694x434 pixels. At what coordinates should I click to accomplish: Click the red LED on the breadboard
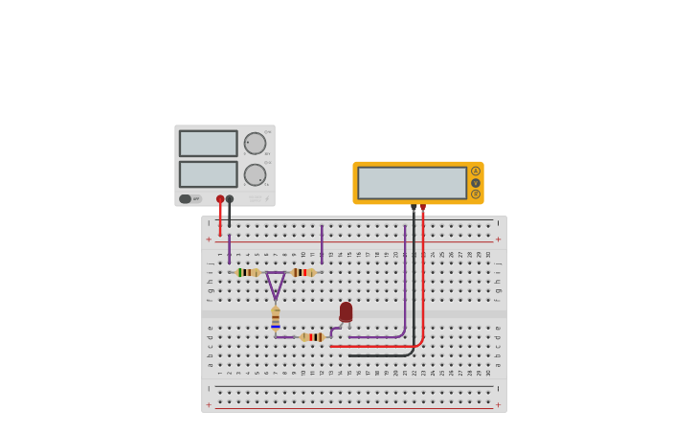click(x=346, y=312)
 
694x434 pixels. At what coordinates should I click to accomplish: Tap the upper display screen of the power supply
click(x=208, y=144)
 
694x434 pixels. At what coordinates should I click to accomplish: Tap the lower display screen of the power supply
click(x=208, y=174)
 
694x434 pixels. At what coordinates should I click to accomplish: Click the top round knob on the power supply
click(x=255, y=144)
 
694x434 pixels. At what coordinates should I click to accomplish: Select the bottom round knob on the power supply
click(x=255, y=174)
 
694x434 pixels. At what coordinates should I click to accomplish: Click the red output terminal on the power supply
click(x=220, y=199)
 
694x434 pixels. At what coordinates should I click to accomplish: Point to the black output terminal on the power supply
click(x=230, y=199)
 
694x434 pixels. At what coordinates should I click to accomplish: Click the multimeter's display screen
click(x=412, y=183)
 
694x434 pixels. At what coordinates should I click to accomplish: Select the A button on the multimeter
click(x=476, y=171)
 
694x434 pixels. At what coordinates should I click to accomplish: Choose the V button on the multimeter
click(x=476, y=183)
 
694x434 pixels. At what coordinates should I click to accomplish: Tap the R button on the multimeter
click(x=476, y=194)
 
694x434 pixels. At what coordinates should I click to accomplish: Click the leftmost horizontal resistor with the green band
click(x=247, y=272)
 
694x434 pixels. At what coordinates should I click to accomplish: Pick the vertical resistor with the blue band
click(x=276, y=318)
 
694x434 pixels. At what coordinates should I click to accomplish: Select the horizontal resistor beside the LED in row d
click(x=312, y=337)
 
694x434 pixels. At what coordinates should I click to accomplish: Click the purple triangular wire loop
click(x=276, y=284)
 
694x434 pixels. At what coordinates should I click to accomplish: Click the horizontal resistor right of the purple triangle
click(x=303, y=272)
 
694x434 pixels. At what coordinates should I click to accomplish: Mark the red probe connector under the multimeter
click(x=423, y=207)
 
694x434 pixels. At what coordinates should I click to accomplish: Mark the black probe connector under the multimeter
click(x=414, y=207)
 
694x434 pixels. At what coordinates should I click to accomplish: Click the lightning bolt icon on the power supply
click(x=267, y=198)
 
